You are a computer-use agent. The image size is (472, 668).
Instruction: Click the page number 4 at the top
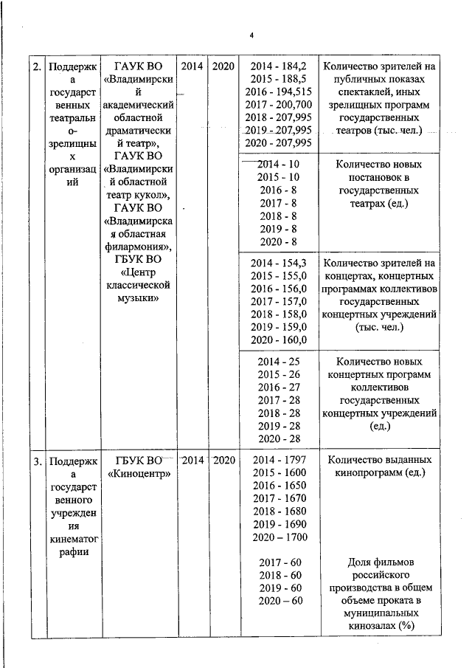coord(251,36)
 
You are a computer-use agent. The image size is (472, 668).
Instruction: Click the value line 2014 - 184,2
coord(280,66)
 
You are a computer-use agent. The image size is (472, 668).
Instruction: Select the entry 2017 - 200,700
coord(280,105)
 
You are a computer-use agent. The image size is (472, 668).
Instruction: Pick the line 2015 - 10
coord(279,177)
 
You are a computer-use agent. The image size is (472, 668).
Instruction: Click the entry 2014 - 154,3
coord(279,263)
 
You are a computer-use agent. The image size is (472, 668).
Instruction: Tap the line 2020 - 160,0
coord(279,340)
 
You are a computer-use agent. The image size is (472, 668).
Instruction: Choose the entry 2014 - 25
coord(279,362)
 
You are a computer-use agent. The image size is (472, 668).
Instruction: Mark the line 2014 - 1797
coord(279,461)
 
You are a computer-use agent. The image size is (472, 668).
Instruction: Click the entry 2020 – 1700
coord(279,537)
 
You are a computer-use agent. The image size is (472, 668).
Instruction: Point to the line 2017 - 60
coord(279,563)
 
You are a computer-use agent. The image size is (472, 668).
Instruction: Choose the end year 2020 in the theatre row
coord(223,66)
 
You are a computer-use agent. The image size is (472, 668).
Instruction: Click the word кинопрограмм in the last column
coord(369,473)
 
